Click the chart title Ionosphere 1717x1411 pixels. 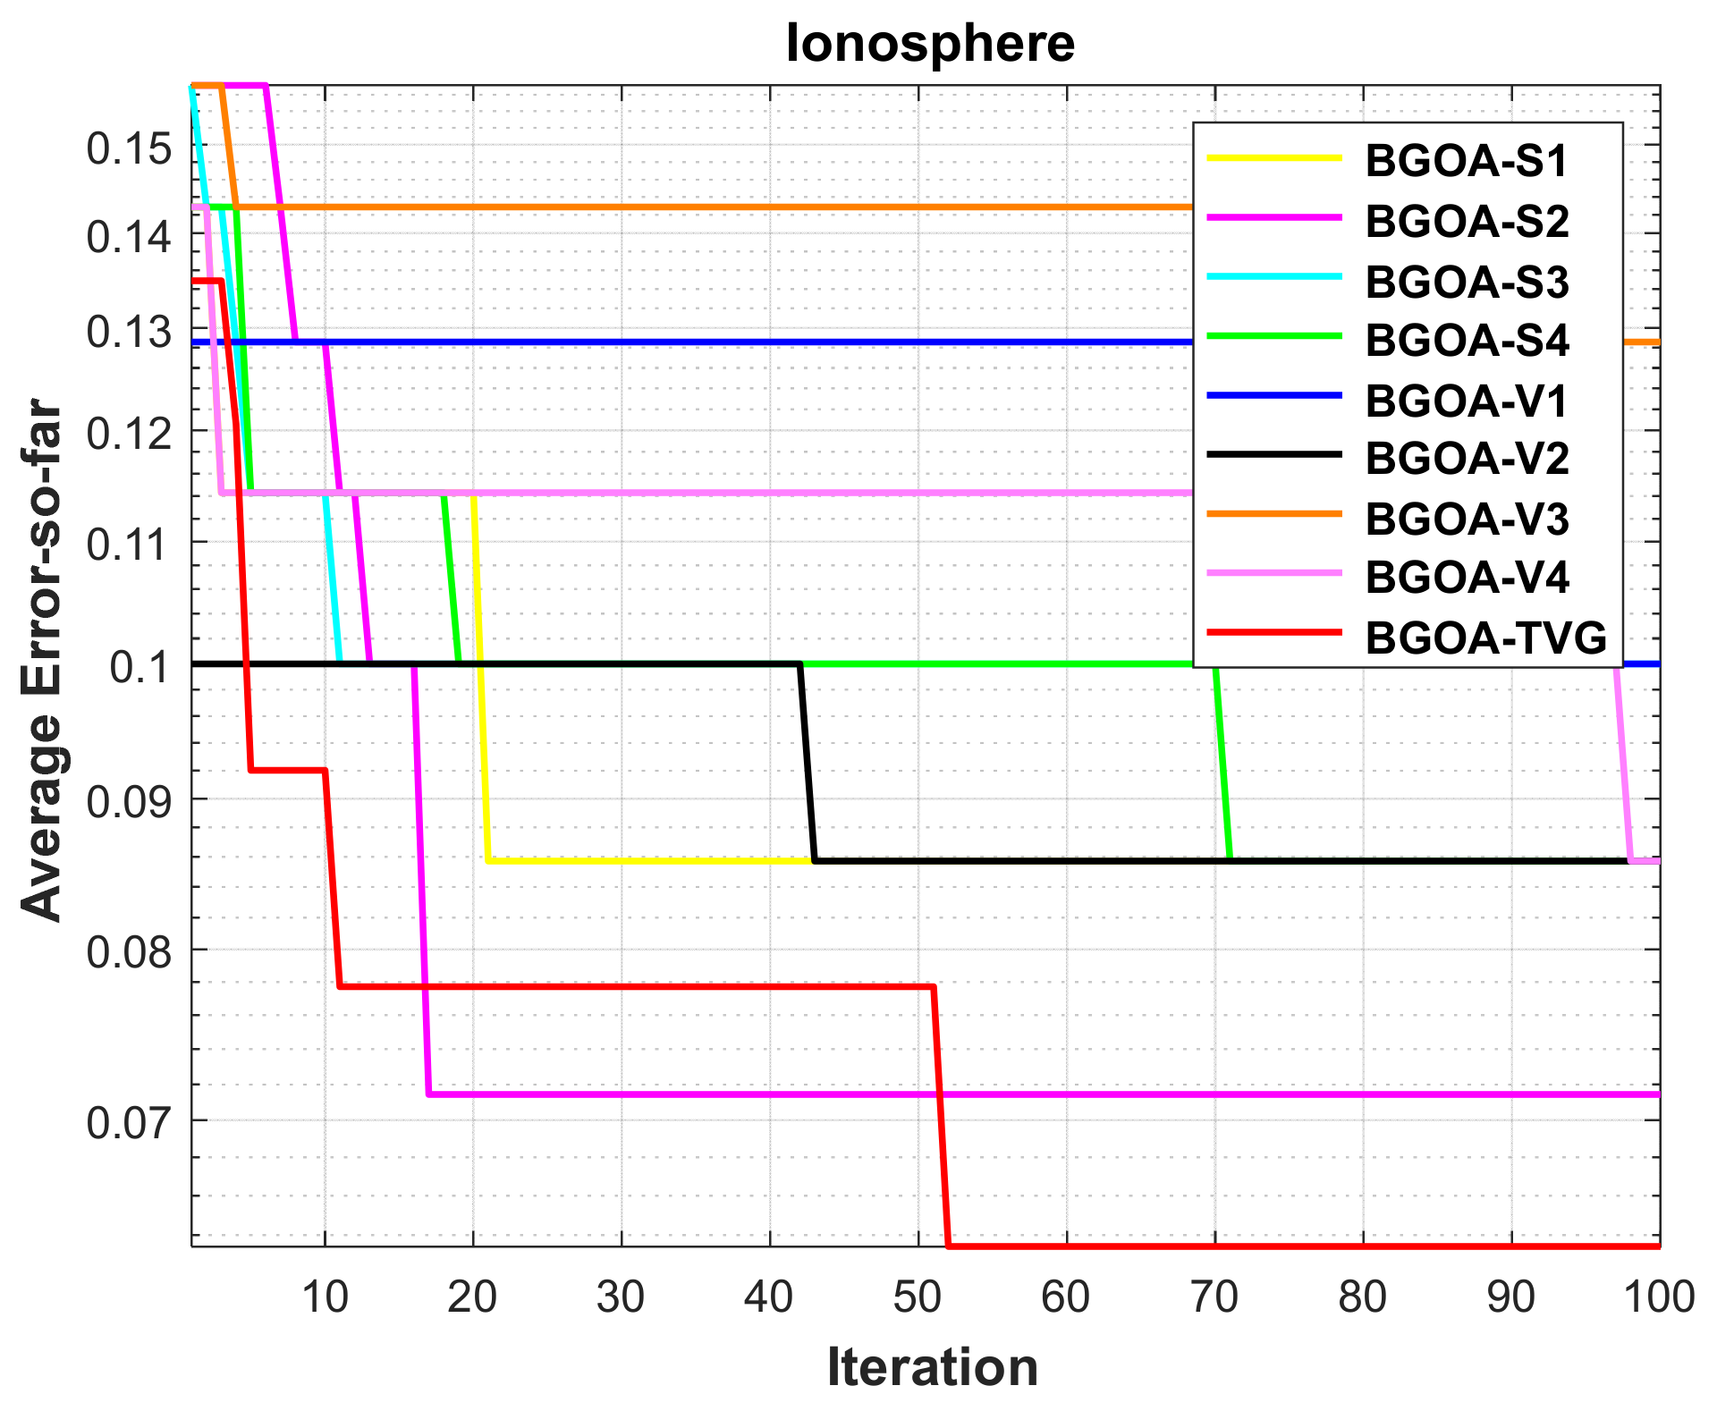click(930, 43)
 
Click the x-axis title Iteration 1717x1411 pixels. click(932, 1367)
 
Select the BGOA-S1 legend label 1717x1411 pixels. click(1467, 161)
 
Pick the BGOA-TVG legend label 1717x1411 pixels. click(1485, 638)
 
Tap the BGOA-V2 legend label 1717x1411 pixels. click(1467, 458)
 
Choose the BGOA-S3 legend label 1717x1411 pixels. click(1467, 282)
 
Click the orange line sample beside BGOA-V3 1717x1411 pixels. click(1274, 514)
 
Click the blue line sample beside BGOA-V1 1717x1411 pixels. click(1274, 394)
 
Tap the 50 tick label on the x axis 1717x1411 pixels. click(917, 1297)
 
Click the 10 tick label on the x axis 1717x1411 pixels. click(324, 1297)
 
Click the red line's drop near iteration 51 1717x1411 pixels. click(941, 1118)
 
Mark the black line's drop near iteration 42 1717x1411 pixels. click(807, 760)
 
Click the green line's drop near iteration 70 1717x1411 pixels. click(1222, 760)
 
